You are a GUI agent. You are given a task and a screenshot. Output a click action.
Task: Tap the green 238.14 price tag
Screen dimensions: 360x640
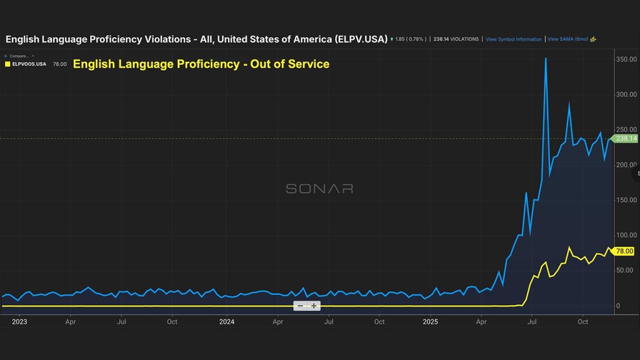626,139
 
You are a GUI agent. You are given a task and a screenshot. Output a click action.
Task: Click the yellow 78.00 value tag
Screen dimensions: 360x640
624,251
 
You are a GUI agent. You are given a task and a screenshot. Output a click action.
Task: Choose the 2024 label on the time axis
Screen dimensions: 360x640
226,322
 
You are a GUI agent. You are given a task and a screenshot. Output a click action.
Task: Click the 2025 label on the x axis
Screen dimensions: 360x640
431,322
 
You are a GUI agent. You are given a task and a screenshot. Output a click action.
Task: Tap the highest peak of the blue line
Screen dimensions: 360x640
546,58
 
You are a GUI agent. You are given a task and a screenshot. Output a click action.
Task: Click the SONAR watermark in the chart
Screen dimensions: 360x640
319,188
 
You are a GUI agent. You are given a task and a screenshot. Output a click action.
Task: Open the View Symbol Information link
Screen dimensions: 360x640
514,39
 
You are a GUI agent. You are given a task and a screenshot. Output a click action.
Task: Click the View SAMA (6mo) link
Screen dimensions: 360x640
568,39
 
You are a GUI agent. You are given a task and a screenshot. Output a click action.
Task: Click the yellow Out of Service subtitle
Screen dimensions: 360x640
201,64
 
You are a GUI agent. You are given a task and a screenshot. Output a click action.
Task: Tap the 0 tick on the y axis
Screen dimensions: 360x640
617,306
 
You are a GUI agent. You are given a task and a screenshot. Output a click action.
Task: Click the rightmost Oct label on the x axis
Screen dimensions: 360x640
582,322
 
